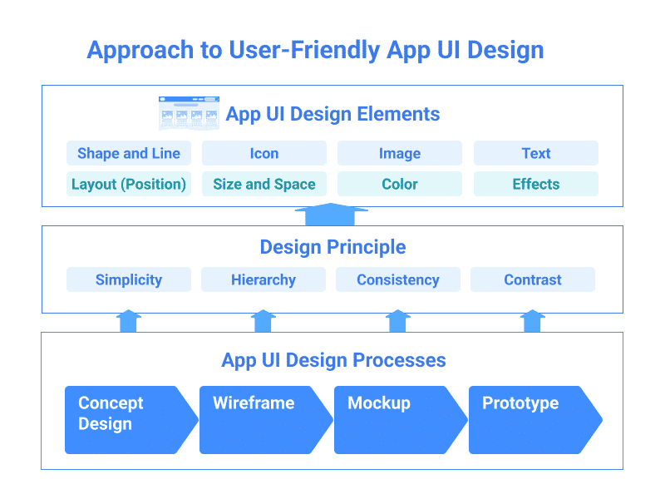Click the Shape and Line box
click(129, 153)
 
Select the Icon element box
click(264, 153)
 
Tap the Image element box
click(400, 153)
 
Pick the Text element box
click(536, 153)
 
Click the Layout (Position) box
click(129, 184)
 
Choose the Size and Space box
click(264, 184)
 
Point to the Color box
click(400, 184)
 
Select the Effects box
click(536, 184)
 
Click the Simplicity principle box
click(129, 279)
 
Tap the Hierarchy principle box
click(264, 279)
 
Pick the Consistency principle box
click(398, 279)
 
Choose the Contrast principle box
click(533, 279)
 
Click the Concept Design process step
click(125, 420)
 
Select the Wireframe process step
click(259, 420)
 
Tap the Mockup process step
click(394, 420)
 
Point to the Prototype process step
click(529, 420)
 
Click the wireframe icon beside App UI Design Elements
click(189, 113)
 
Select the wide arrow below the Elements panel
click(331, 215)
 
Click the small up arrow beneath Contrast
click(533, 322)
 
